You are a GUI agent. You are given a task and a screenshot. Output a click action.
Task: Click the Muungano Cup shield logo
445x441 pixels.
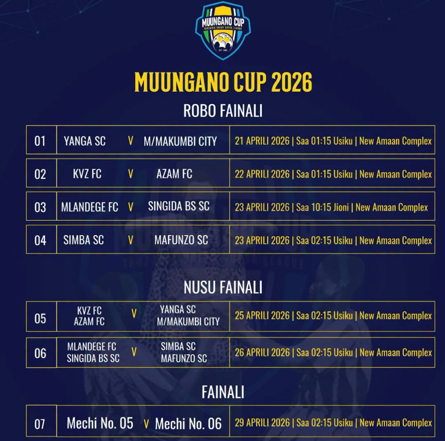(223, 30)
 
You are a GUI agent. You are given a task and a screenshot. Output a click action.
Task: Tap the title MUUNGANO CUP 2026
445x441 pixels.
(223, 82)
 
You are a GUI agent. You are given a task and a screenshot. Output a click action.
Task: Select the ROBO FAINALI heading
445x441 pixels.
(223, 111)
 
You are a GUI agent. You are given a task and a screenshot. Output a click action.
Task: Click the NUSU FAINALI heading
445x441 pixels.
(223, 287)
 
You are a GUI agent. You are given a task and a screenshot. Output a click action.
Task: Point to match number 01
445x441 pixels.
(40, 141)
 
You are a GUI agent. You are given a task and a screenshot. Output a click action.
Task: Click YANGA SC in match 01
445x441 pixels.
(85, 141)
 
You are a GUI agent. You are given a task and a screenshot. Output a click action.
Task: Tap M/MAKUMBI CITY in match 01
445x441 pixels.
(180, 141)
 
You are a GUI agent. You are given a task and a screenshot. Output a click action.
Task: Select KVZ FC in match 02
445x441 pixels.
(87, 174)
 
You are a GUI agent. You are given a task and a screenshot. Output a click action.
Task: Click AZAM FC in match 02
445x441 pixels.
(174, 174)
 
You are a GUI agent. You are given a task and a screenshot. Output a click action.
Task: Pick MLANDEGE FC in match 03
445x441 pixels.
(89, 207)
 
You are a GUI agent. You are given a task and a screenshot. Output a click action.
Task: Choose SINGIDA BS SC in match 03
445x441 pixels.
(179, 206)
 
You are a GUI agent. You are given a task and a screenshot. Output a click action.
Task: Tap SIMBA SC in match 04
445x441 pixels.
(83, 240)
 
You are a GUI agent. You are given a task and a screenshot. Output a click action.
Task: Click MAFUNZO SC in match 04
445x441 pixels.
(181, 240)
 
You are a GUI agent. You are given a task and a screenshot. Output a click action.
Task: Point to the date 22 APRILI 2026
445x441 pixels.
(262, 174)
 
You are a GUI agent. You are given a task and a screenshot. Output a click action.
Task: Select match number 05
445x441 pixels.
(40, 318)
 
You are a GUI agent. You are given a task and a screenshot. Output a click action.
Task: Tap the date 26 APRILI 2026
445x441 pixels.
(262, 352)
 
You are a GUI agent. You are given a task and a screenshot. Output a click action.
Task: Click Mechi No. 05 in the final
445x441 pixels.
(100, 423)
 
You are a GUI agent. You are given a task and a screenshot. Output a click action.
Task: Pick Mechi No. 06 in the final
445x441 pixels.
(188, 424)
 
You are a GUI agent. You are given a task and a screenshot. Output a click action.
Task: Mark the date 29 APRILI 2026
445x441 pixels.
(262, 422)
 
